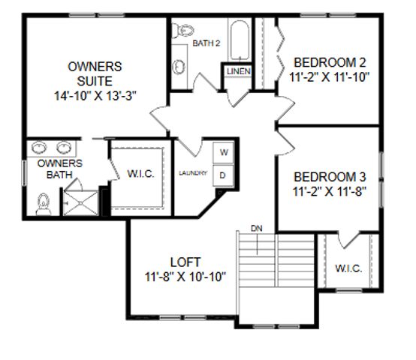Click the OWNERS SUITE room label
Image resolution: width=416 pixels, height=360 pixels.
pos(95,73)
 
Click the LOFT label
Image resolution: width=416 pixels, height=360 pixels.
pos(185,262)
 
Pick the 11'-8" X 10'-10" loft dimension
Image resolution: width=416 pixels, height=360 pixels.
pos(185,276)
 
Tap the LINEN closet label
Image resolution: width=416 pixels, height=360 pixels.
pos(239,71)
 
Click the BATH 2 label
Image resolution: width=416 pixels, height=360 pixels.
pos(206,43)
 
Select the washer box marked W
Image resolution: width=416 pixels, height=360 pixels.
pos(223,152)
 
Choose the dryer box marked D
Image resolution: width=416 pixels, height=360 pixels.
pos(223,175)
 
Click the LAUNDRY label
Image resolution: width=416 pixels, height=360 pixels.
pos(193,173)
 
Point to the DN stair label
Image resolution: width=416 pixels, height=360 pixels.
pos(257,227)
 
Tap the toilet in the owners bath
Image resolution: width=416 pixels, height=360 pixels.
pos(43,201)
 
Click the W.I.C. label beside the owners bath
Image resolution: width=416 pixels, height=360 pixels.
pos(140,174)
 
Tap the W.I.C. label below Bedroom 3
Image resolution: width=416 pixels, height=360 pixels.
pos(348,268)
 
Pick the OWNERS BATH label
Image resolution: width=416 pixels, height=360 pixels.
pos(54,169)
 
